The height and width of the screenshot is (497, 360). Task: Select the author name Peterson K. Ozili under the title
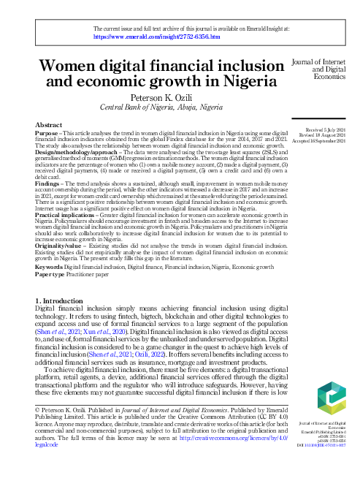(160, 97)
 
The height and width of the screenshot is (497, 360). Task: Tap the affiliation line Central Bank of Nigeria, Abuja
(160, 107)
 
